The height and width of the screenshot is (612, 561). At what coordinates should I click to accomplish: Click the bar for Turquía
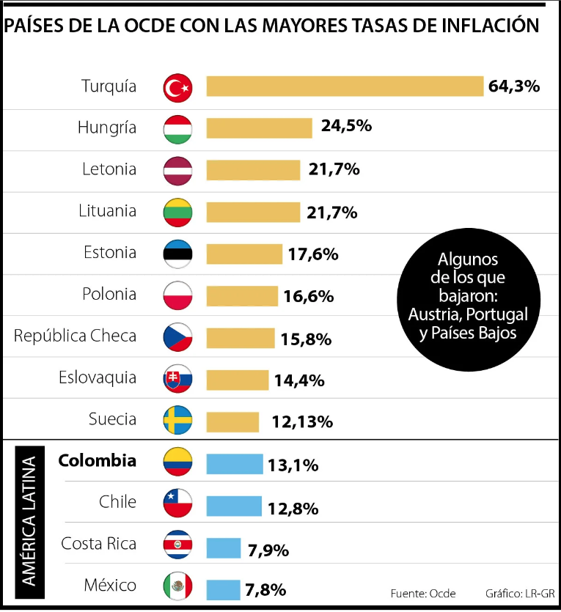pos(345,86)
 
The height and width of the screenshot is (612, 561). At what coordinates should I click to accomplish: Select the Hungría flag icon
pos(177,129)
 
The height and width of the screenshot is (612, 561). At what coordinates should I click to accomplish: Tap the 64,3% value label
pos(514,86)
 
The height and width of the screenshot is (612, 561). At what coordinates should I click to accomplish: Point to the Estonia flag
pos(177,254)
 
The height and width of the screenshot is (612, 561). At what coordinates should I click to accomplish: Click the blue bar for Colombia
pos(235,464)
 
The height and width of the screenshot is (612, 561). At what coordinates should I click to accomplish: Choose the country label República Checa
pos(75,336)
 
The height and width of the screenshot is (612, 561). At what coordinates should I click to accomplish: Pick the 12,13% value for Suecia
pos(302,422)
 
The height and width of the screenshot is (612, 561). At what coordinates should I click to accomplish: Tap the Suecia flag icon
pos(177,421)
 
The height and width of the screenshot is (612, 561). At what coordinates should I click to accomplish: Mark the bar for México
pos(223,589)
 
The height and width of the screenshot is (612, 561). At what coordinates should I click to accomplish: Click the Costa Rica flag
pos(177,545)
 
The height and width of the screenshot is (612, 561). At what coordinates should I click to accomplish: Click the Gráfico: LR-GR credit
pos(520,593)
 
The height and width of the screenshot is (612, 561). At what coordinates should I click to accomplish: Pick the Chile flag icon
pos(177,504)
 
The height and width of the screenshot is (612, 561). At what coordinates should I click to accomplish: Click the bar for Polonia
pos(242,296)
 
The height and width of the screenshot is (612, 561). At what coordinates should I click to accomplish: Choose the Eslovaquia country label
pos(98,377)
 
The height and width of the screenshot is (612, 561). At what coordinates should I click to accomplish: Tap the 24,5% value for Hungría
pos(346,126)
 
